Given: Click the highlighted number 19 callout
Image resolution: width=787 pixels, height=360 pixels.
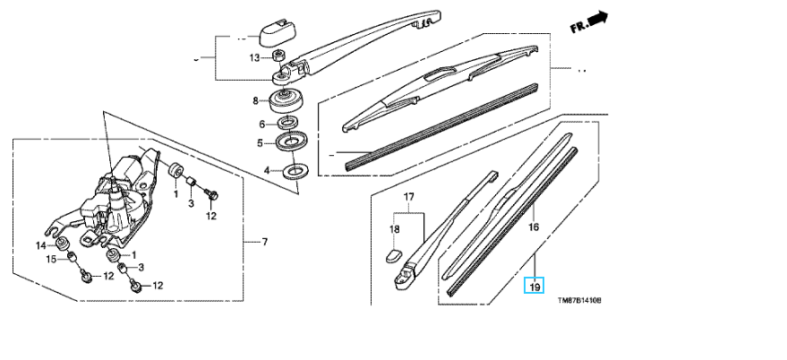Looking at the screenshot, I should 533,287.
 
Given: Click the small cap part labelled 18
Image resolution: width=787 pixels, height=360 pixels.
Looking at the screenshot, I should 392,253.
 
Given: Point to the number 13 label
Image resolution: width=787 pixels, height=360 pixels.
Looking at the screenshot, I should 254,58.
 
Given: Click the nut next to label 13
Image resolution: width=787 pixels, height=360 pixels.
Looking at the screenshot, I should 278,56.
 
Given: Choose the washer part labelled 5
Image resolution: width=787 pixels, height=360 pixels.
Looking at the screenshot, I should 291,141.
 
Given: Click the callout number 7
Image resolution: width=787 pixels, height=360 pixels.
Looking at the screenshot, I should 263,243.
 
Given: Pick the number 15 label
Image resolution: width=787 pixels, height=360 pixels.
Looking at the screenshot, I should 51,260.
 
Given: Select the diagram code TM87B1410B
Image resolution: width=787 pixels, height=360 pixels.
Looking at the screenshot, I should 578,301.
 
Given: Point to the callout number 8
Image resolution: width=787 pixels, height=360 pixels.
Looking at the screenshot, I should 255,100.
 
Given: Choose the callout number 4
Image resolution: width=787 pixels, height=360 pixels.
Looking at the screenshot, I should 266,169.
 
